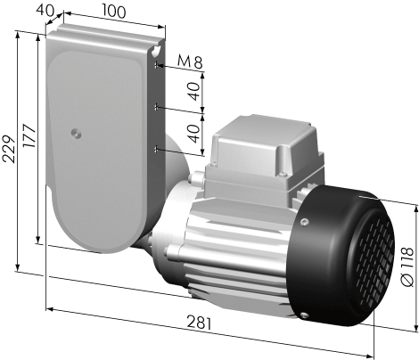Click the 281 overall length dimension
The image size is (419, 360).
[199, 323]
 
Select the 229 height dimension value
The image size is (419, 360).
[9, 149]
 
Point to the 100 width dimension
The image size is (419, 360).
[114, 11]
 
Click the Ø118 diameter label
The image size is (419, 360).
[407, 266]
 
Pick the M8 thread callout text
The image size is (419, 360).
[190, 61]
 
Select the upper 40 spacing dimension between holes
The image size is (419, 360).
[194, 91]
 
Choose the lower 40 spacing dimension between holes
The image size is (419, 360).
[194, 133]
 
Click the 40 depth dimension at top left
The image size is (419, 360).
[45, 11]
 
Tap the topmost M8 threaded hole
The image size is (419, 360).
[156, 65]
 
